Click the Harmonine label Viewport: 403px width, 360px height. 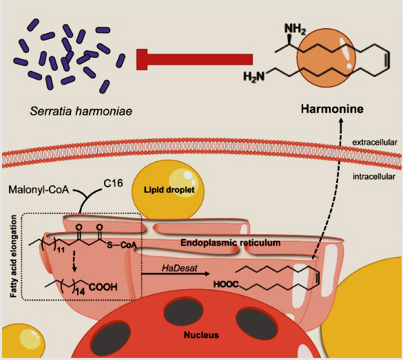[x=332, y=109]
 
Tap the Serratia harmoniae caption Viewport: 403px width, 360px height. [x=81, y=112]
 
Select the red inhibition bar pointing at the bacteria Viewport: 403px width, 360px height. [x=194, y=59]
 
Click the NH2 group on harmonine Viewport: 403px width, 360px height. [x=295, y=29]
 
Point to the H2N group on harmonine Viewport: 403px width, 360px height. [x=254, y=76]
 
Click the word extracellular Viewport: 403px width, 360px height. [x=375, y=142]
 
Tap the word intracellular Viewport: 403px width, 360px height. [x=374, y=177]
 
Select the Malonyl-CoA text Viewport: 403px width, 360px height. [x=39, y=190]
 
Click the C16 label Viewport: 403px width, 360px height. [x=113, y=183]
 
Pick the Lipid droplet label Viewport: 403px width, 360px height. [x=169, y=190]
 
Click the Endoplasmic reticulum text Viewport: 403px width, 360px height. [x=230, y=243]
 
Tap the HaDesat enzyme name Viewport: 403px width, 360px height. [x=179, y=268]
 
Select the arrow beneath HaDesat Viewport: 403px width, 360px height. [x=176, y=274]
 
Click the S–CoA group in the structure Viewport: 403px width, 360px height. [x=121, y=245]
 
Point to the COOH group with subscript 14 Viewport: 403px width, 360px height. [x=103, y=287]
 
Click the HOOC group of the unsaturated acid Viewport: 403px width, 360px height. [x=226, y=284]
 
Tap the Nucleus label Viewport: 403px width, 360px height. [x=201, y=335]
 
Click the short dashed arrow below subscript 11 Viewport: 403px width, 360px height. [x=74, y=261]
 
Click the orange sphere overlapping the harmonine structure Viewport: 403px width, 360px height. [x=326, y=58]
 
